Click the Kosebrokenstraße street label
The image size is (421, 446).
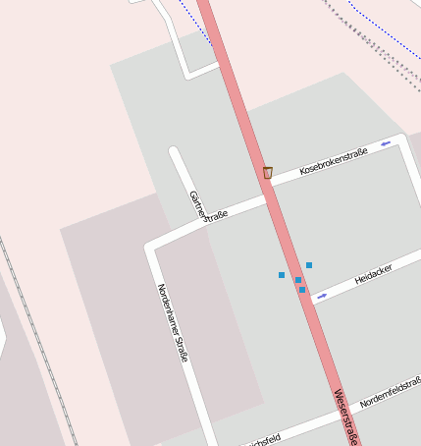coord(334,161)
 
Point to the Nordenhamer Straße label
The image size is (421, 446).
coord(173,323)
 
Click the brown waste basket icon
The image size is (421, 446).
coord(267,173)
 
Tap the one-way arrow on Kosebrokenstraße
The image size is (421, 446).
coord(386,143)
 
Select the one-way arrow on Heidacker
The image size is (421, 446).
coord(322,296)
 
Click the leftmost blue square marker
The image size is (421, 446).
coord(282,275)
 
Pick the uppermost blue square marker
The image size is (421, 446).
coord(309,265)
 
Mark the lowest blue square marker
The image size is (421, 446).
coord(302,290)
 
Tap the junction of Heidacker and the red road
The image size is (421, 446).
coord(308,301)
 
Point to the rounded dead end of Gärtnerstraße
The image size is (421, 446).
coord(175,152)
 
